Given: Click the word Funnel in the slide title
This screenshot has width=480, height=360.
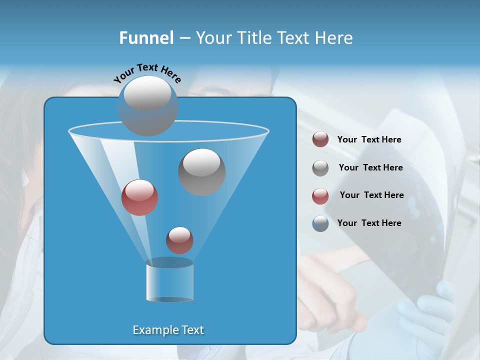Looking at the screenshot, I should click(146, 38).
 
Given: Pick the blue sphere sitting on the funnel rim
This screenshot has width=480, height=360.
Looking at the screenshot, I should click(147, 105).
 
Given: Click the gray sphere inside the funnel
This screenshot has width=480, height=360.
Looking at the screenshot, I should click(201, 171).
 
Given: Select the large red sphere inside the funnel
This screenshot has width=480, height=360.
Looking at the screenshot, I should click(139, 197).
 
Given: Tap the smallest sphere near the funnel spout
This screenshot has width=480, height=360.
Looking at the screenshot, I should click(179, 240).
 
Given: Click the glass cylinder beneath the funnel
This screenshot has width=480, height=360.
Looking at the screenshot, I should click(169, 280).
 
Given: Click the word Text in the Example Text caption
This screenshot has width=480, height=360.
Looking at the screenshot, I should click(192, 330).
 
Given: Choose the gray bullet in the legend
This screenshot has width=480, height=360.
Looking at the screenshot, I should click(320, 168).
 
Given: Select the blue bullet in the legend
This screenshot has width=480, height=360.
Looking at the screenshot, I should click(320, 223).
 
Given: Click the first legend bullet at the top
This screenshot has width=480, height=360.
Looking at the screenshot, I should click(320, 139).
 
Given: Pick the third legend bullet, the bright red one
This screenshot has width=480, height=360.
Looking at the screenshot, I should click(320, 196).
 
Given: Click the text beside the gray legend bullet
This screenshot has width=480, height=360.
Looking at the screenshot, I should click(370, 167).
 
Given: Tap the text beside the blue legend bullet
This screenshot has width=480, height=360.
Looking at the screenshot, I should click(369, 223).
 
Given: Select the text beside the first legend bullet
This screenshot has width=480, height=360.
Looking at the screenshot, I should click(369, 139).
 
